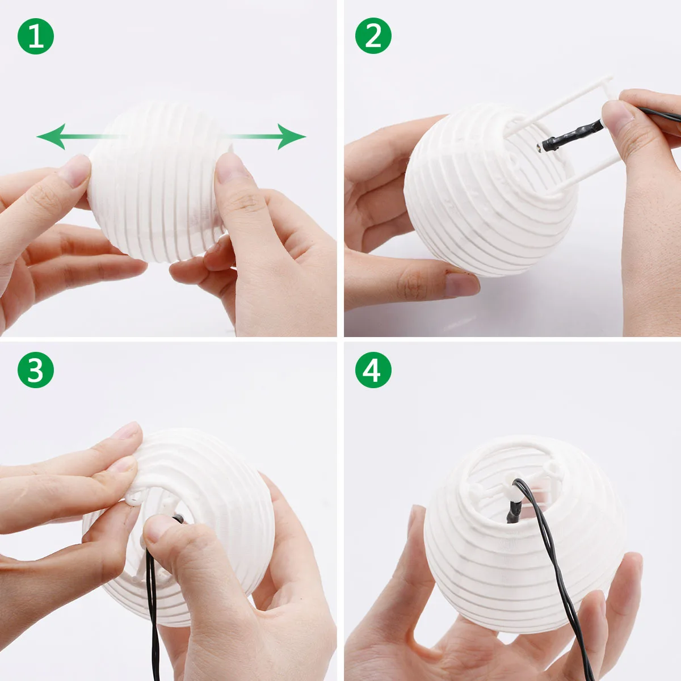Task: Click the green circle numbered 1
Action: [x=36, y=36]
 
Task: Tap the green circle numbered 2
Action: [x=373, y=36]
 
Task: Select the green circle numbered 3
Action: [x=36, y=370]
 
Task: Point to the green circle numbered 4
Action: [x=373, y=370]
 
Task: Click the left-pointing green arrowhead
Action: [x=51, y=136]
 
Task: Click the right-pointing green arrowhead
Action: [x=292, y=136]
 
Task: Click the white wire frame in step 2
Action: [x=562, y=134]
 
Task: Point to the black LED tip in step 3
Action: [x=178, y=519]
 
